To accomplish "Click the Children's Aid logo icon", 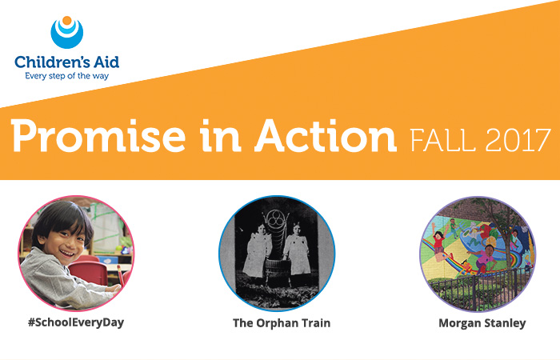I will pyautogui.click(x=66, y=32).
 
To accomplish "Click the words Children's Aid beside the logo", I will pyautogui.click(x=66, y=62).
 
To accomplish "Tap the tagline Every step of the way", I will pyautogui.click(x=66, y=77).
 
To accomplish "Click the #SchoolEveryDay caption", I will pyautogui.click(x=77, y=324).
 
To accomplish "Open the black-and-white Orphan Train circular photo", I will pyautogui.click(x=277, y=252).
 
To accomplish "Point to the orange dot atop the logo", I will pyautogui.click(x=66, y=20).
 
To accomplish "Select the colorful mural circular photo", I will pyautogui.click(x=477, y=252).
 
